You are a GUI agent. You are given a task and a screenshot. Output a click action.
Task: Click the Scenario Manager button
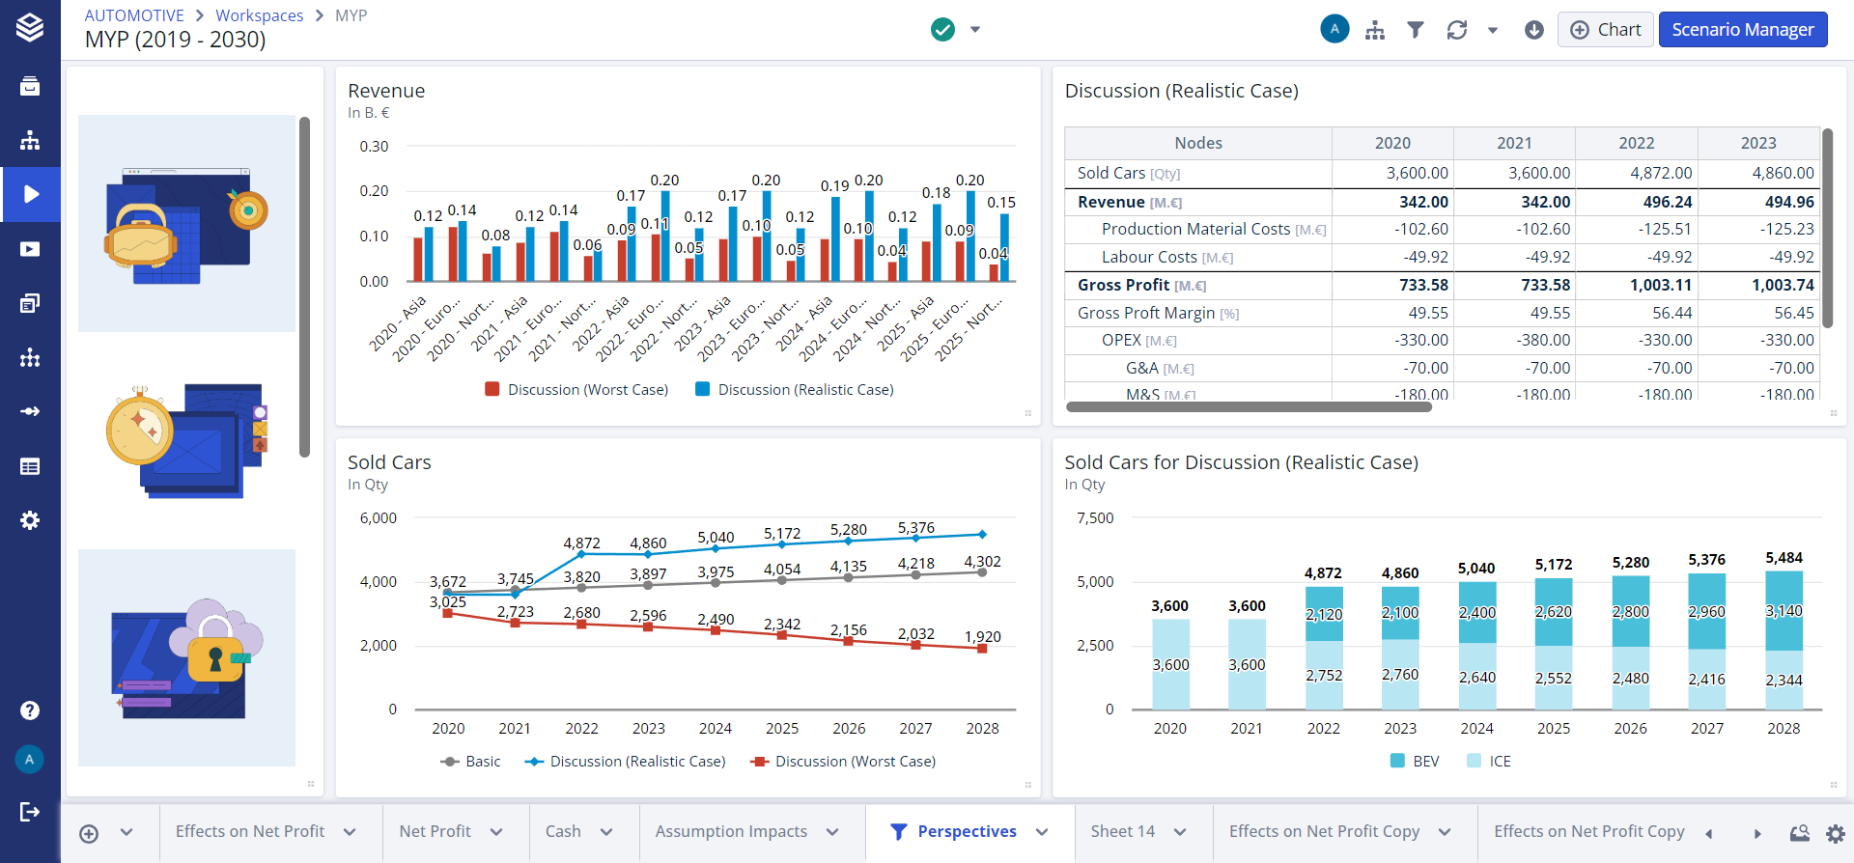point(1742,30)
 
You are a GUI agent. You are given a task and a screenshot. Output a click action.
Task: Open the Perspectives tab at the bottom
point(966,831)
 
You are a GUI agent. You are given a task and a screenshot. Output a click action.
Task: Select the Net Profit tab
point(435,831)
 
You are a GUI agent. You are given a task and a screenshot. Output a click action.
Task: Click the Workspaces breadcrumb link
point(259,15)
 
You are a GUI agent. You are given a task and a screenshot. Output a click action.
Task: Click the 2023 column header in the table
point(1757,143)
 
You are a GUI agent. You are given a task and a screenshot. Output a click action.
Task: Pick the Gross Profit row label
point(1123,285)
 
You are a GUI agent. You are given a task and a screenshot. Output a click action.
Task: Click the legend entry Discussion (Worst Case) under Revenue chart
point(587,390)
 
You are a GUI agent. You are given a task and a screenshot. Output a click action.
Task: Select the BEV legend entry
point(1424,762)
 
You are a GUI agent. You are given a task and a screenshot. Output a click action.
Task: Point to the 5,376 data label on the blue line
point(915,528)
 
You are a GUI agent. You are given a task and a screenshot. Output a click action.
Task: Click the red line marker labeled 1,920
point(982,649)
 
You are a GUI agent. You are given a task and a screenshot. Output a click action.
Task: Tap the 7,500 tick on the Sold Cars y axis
point(1095,518)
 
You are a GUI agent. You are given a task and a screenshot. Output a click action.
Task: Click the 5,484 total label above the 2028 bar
point(1784,558)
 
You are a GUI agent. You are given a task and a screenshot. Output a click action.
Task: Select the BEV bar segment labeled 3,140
point(1784,611)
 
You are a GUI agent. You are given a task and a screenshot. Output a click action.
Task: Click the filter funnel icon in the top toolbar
point(1415,30)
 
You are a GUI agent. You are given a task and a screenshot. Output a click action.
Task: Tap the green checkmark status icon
point(942,30)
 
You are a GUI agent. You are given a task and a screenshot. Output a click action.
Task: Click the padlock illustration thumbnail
point(186,657)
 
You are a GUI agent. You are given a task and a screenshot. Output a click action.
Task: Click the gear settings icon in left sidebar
point(30,520)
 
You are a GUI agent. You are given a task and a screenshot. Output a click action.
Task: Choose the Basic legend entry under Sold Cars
point(482,762)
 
